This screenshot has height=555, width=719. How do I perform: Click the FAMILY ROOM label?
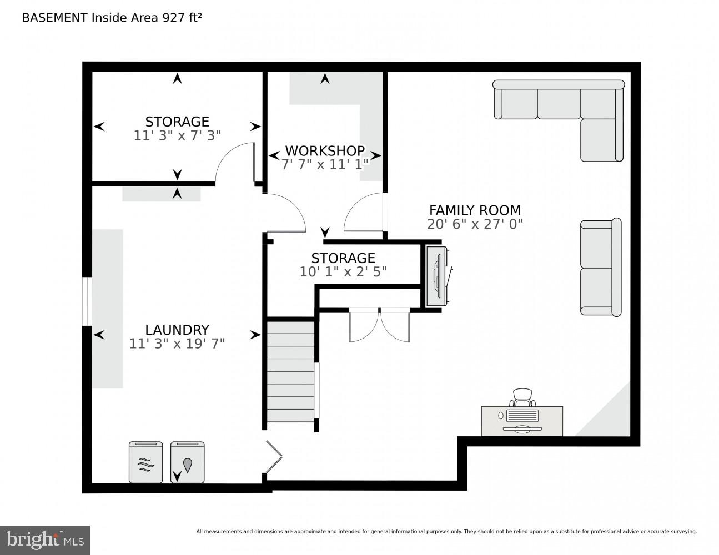[x=475, y=210]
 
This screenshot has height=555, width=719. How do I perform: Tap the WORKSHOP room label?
[x=325, y=150]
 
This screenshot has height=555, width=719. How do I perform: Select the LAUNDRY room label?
[x=177, y=330]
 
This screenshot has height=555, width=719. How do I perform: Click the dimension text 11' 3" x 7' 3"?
[x=177, y=135]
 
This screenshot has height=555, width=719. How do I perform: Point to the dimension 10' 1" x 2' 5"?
[x=343, y=272]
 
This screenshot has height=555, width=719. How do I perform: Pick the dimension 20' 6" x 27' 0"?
[x=475, y=224]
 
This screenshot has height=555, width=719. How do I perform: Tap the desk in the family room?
[x=522, y=421]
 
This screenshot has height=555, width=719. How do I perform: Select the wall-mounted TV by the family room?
[x=438, y=276]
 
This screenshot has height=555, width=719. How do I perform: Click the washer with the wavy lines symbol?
[x=145, y=462]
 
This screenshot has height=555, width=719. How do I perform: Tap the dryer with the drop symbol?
[x=188, y=462]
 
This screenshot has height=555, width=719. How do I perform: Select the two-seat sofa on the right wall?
[x=600, y=268]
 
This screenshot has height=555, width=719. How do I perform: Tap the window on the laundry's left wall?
[x=87, y=301]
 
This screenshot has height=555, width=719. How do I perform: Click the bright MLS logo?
[x=45, y=540]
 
